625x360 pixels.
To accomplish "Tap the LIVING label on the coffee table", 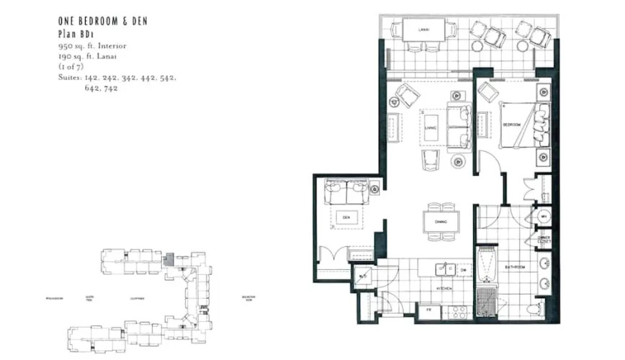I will coord(431,128).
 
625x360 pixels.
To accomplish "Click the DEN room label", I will coord(346,216).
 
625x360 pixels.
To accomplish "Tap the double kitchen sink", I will coord(446,269).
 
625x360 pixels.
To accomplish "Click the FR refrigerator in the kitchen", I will coord(428,310).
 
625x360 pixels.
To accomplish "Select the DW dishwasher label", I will coord(464,270).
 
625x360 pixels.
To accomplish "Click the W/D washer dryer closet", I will coord(363,276).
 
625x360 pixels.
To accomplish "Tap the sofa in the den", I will coord(346,192).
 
